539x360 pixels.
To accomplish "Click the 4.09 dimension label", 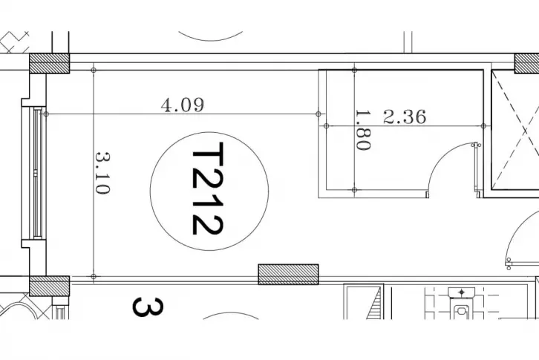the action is coord(183,105).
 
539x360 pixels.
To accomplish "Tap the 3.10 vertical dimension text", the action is coord(102,173).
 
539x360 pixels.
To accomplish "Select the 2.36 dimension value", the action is coord(405,117).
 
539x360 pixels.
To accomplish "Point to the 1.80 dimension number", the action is coord(363,130).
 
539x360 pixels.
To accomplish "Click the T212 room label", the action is coord(207,189).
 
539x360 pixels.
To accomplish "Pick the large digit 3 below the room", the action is coord(148,307).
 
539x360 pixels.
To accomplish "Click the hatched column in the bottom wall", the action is coord(288,275).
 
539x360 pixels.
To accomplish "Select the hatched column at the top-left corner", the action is coord(50,63).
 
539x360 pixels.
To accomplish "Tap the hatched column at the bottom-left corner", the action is coord(50,286).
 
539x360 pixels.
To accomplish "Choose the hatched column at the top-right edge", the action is coord(526,63).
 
